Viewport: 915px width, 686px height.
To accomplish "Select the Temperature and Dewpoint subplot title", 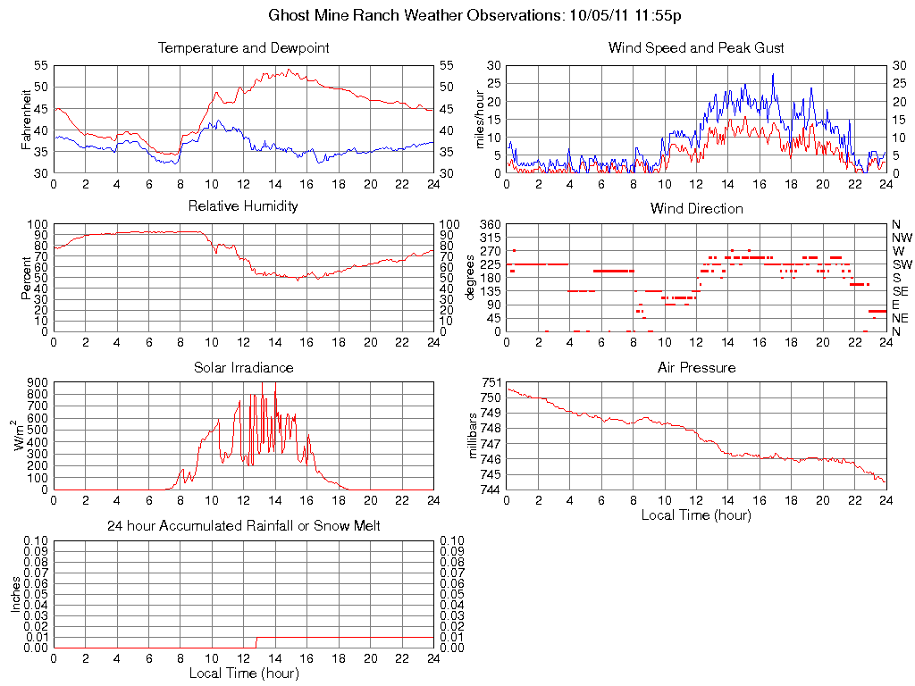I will coord(243,47).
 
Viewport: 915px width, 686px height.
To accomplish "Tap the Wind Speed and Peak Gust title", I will coord(696,47).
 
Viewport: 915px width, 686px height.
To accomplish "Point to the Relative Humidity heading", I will coord(243,206).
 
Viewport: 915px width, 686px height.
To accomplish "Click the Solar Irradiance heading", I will coord(243,367).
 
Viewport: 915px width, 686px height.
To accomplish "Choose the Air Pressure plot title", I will coord(696,367).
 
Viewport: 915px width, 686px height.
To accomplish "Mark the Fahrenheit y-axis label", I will coord(27,119).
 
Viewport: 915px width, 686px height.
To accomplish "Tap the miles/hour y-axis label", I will coord(480,119).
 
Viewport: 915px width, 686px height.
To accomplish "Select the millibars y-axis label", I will coord(474,436).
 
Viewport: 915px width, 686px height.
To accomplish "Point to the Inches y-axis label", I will coord(15,594).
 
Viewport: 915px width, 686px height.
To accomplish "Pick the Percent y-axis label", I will coord(27,278).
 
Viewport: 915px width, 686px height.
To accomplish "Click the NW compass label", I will coord(901,238).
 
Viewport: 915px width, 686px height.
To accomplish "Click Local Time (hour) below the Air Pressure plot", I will coord(696,514).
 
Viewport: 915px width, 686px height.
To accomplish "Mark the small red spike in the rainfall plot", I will coord(256,642).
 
